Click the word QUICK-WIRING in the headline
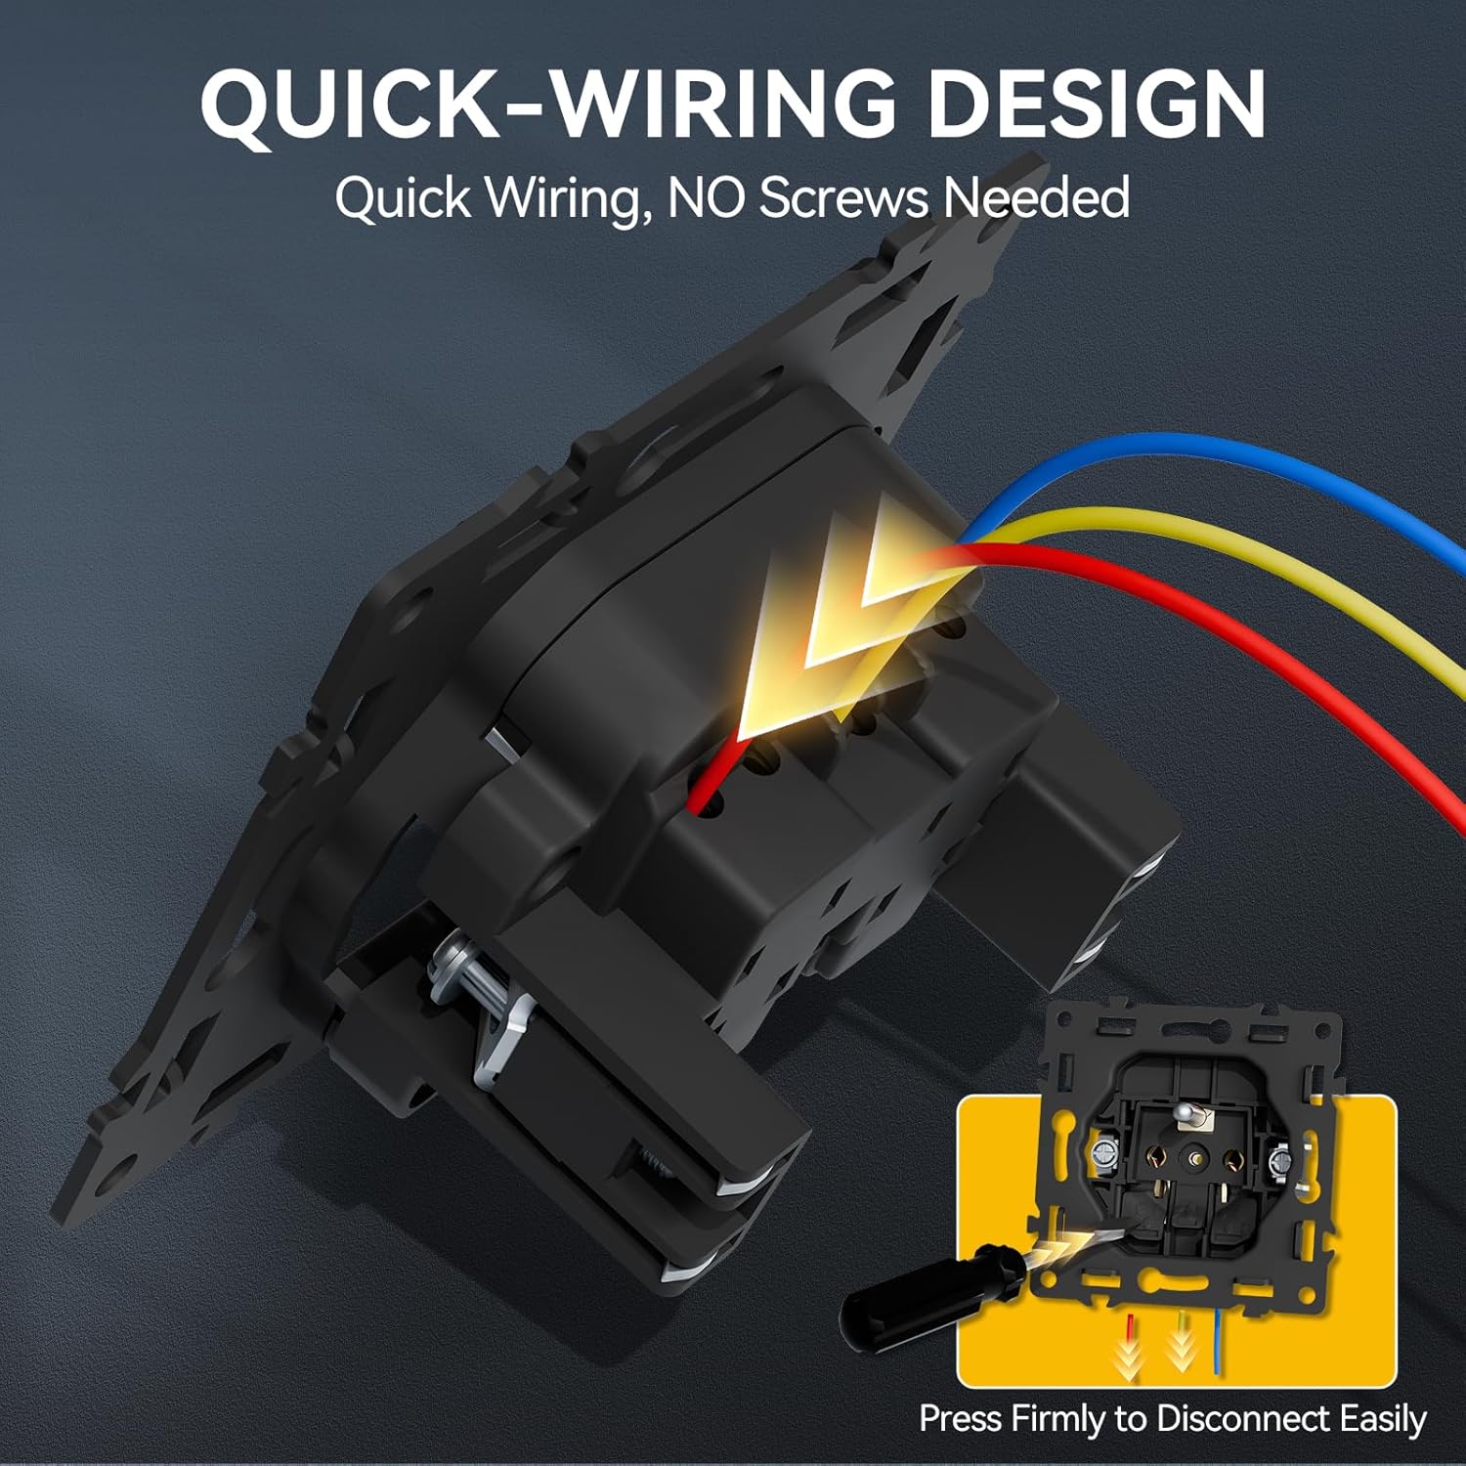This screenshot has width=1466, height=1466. tap(548, 104)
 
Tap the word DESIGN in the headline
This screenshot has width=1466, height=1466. tap(1096, 104)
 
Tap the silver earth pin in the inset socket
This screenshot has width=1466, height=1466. tap(1190, 1114)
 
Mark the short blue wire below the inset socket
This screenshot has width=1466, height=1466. tap(1215, 1341)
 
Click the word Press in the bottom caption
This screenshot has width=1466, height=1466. tap(961, 1417)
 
